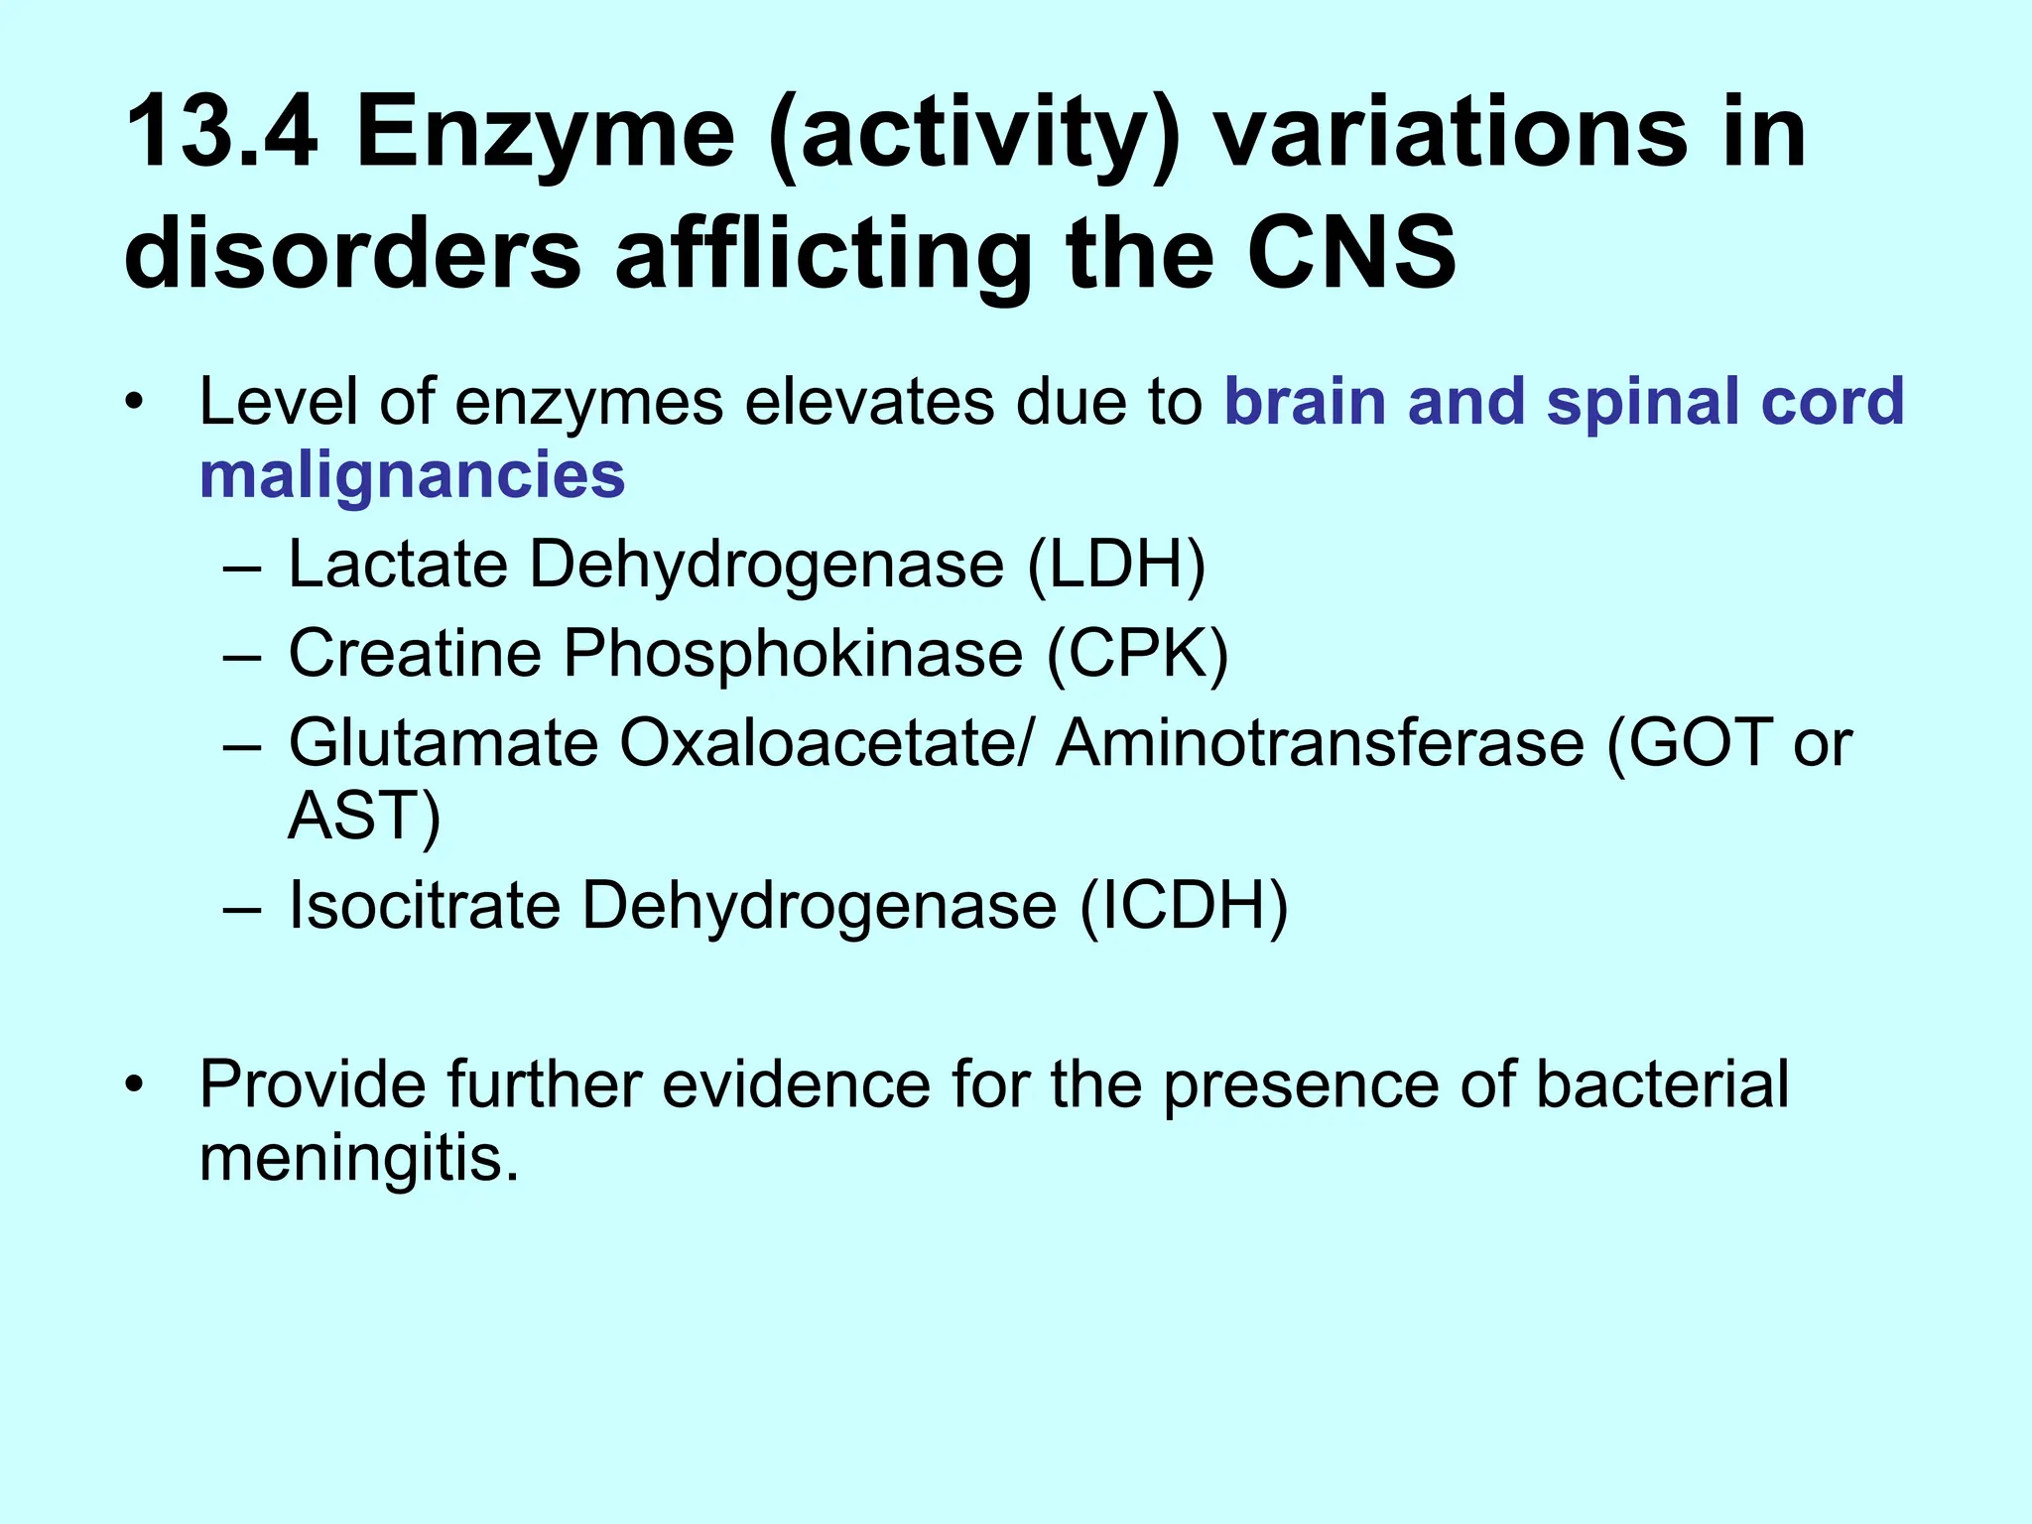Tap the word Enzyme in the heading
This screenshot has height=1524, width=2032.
pos(545,134)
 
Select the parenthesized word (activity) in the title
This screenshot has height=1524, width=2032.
pos(973,134)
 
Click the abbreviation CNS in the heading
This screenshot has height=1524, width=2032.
pos(1351,254)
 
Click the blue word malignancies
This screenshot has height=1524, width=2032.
pos(412,476)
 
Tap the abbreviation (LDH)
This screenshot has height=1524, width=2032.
pos(1116,565)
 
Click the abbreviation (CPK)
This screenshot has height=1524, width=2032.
pos(1138,654)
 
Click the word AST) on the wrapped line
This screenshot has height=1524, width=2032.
pos(363,817)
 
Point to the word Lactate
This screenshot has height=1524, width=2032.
pos(397,565)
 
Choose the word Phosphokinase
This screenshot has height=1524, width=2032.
pos(793,654)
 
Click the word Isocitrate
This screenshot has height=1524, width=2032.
pos(425,906)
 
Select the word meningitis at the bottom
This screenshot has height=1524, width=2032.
pos(358,1158)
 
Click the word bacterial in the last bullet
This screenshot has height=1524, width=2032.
pos(1662,1084)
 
